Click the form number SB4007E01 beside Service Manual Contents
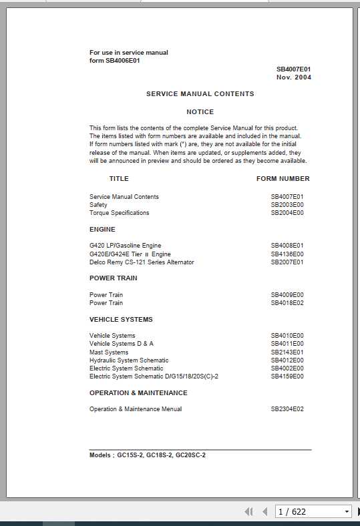tap(287, 197)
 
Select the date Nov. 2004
tap(294, 77)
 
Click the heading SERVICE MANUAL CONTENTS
tap(200, 94)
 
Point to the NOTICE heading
tap(200, 112)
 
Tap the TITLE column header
tap(119, 179)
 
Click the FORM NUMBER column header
tap(283, 179)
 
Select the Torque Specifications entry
tap(120, 213)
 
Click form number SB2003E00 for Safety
tap(287, 205)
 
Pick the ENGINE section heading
tap(102, 230)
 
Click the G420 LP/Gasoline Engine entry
tap(126, 246)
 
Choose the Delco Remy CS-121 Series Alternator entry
tap(142, 262)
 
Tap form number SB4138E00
tap(287, 254)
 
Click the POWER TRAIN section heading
tap(114, 278)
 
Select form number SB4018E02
tap(287, 303)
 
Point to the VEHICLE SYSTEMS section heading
tap(121, 320)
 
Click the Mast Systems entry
tap(109, 352)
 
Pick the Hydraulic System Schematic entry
tap(129, 360)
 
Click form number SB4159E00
tap(287, 376)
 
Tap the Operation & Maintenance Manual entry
tap(136, 409)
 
